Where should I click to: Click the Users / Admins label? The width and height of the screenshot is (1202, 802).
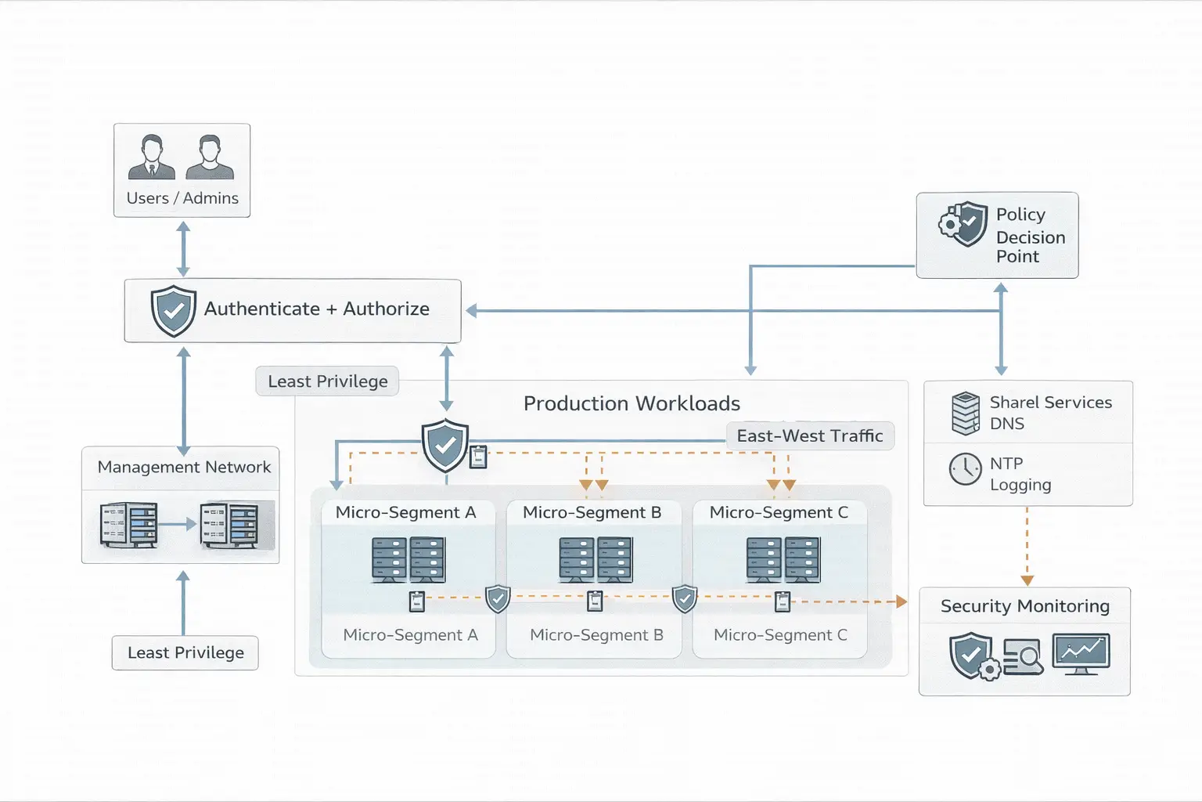click(x=182, y=198)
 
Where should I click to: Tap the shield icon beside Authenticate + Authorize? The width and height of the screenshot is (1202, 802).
click(x=173, y=310)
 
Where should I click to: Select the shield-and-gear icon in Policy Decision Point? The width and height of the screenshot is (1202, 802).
click(x=963, y=224)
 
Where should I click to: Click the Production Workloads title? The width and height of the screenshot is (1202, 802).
click(x=632, y=403)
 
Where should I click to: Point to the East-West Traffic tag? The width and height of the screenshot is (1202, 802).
click(x=810, y=436)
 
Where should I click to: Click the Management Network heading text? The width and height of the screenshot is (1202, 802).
click(x=184, y=468)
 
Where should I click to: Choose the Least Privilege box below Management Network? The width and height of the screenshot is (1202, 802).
click(x=185, y=653)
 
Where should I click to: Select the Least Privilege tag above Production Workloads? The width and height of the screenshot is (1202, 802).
click(x=327, y=381)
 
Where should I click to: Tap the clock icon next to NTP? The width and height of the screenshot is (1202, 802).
click(x=965, y=470)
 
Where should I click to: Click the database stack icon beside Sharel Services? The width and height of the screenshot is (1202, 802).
click(x=966, y=413)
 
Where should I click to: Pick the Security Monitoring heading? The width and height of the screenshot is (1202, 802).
click(x=1024, y=606)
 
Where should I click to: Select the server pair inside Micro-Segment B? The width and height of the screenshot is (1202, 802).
click(x=595, y=559)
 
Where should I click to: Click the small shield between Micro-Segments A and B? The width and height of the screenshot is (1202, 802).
click(x=498, y=599)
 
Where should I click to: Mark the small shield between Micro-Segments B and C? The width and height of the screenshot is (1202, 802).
click(x=685, y=599)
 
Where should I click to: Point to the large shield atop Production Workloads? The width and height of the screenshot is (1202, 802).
click(x=445, y=445)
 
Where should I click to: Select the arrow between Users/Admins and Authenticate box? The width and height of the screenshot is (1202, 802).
click(x=183, y=248)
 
